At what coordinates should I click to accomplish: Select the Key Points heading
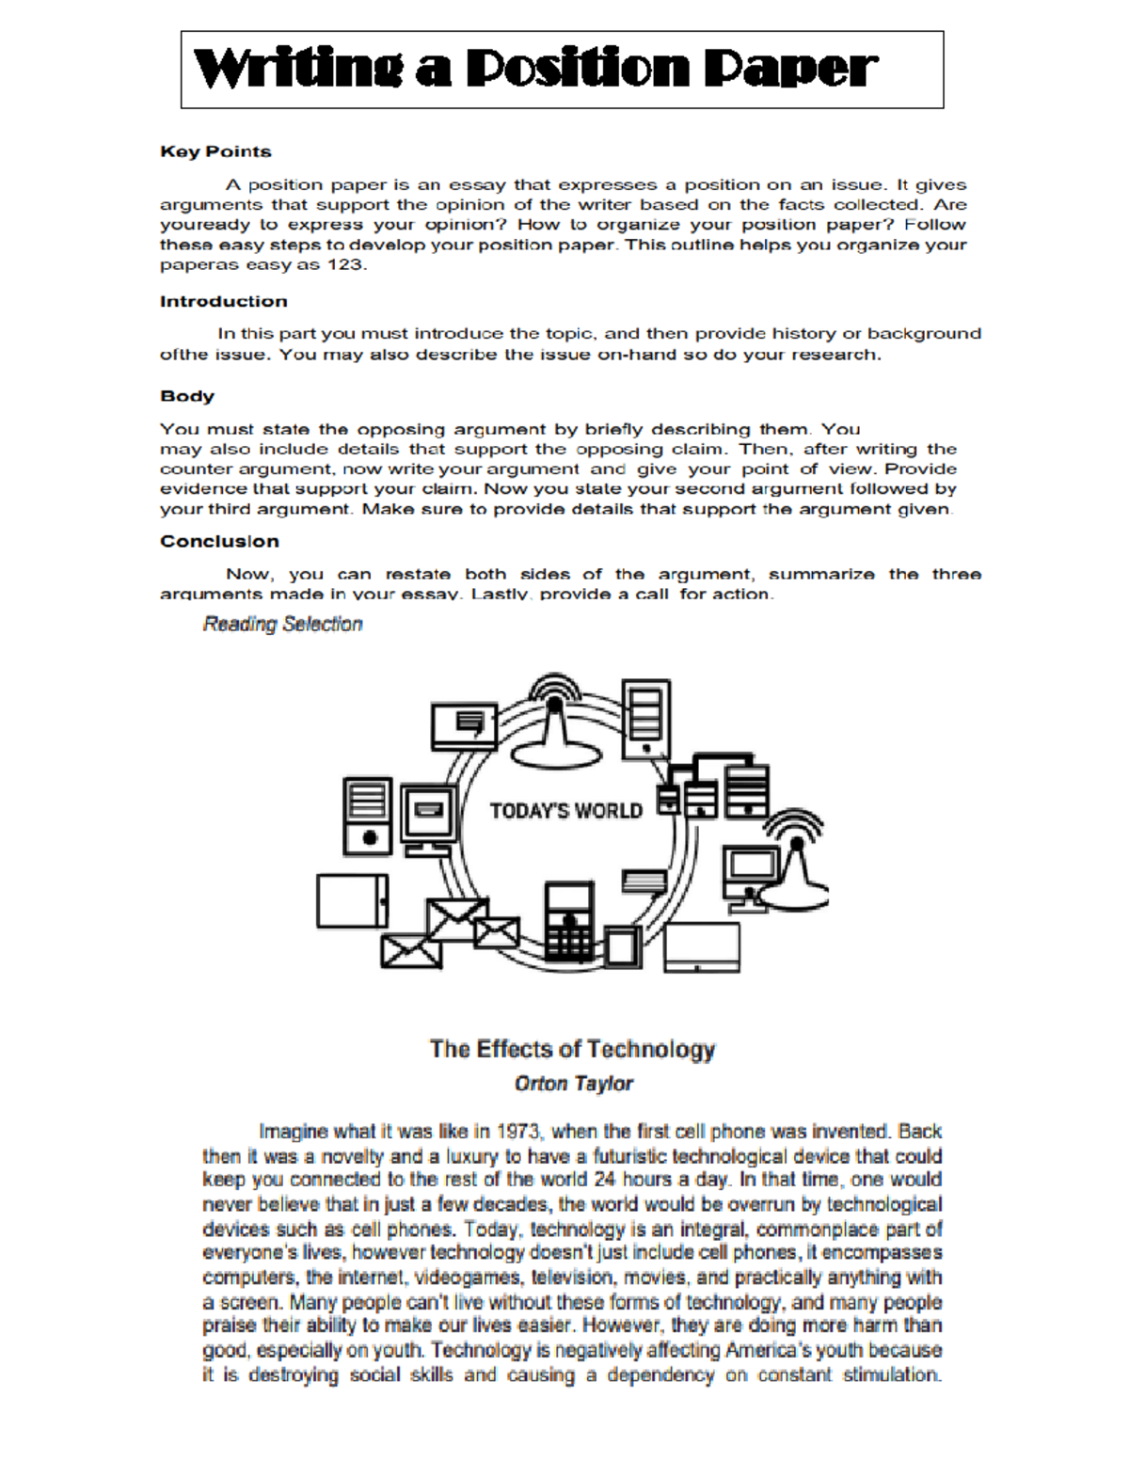[x=215, y=151]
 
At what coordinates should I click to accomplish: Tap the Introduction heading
[x=223, y=301]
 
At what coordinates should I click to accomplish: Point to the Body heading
[x=187, y=396]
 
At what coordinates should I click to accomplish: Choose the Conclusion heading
[x=219, y=541]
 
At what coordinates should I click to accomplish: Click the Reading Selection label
[x=282, y=624]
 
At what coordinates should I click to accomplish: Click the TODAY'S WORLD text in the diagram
[x=565, y=811]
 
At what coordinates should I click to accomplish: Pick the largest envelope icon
[x=457, y=919]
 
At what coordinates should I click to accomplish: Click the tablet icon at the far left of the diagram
[x=352, y=900]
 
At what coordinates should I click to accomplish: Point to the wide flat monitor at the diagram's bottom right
[x=702, y=946]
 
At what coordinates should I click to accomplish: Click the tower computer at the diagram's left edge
[x=367, y=816]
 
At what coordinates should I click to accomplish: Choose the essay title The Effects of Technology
[x=572, y=1049]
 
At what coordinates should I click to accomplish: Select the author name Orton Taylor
[x=573, y=1084]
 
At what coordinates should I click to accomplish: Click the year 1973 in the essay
[x=519, y=1131]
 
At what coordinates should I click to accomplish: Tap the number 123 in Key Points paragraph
[x=344, y=264]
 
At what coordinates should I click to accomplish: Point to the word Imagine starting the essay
[x=293, y=1131]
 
